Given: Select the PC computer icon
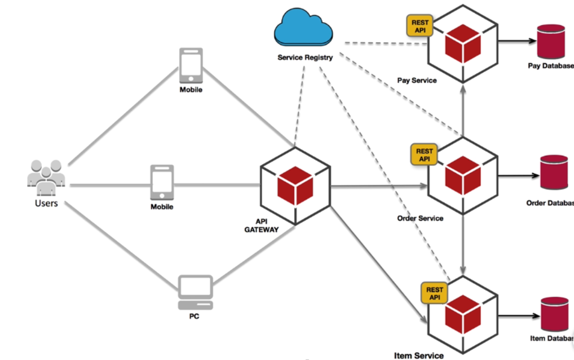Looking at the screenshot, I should (195, 292).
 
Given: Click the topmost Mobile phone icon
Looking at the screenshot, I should (191, 65).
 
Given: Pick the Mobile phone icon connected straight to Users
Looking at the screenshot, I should (162, 183).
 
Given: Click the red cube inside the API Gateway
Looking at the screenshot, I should (294, 186).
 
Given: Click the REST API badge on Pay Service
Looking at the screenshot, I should (420, 26).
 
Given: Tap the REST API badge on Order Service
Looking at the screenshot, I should (424, 155).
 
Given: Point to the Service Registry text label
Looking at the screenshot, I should (305, 58).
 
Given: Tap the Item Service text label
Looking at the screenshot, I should (418, 355).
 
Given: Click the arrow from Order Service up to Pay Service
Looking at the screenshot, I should (463, 110).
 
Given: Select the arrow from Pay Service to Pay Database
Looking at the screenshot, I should (516, 42).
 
